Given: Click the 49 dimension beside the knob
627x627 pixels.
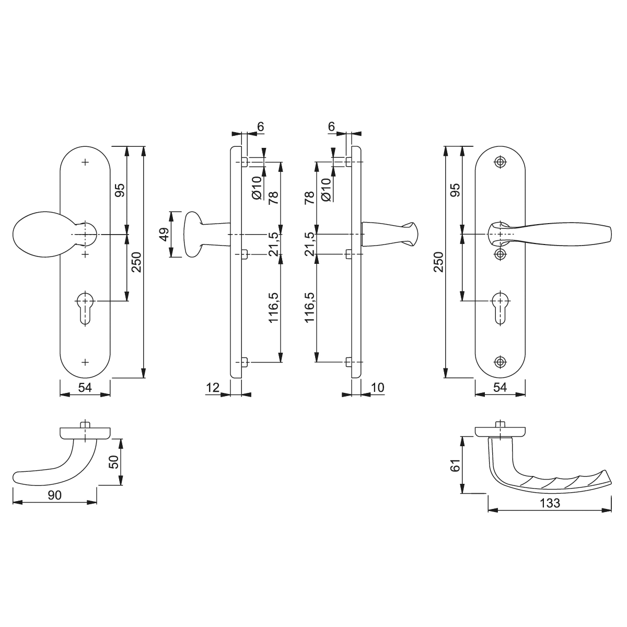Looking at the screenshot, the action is click(165, 234).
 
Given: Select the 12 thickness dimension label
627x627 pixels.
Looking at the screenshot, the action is click(213, 388).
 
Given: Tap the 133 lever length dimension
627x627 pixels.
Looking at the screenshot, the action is click(550, 503).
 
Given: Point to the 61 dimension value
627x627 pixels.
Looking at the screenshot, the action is click(456, 466).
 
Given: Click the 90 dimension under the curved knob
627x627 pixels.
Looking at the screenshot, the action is click(54, 495).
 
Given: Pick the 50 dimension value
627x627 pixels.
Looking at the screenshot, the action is click(114, 462).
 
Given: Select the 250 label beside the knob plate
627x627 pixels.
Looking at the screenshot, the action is click(136, 262).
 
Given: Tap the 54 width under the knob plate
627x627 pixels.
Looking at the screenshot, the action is click(85, 388).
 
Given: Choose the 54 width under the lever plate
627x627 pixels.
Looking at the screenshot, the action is click(500, 388).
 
